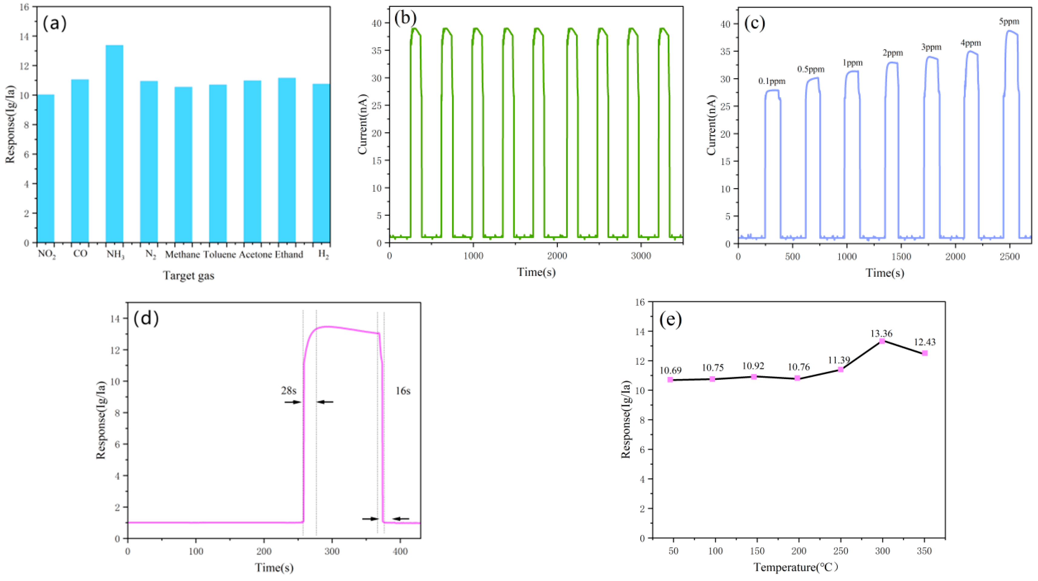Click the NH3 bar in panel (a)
point(115,144)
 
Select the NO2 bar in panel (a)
point(45,168)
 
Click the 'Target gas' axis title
point(188,276)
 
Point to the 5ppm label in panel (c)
point(1009,22)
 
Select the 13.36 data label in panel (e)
point(881,333)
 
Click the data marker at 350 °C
point(925,353)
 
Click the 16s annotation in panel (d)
point(403,391)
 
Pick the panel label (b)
point(405,18)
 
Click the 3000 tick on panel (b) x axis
point(641,256)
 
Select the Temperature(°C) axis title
point(796,567)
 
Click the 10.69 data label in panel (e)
point(670,370)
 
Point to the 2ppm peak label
point(893,53)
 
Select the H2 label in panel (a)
point(324,254)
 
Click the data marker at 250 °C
point(840,369)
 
